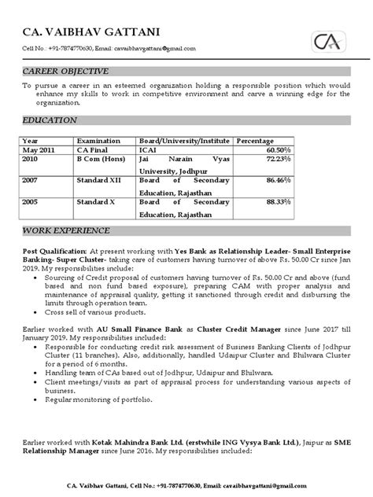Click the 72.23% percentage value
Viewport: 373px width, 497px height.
(x=277, y=158)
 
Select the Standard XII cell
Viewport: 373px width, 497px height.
(x=98, y=180)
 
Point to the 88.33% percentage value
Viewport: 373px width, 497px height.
(x=277, y=202)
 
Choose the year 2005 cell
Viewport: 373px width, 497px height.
(x=31, y=202)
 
